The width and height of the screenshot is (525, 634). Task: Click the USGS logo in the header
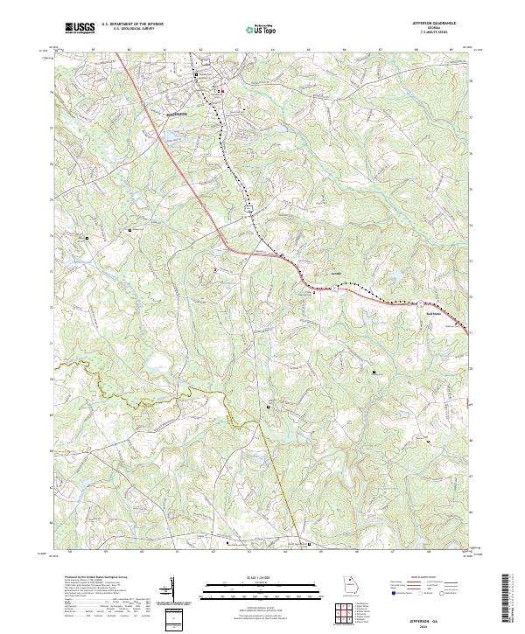(x=80, y=28)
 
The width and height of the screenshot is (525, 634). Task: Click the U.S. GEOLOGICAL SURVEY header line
(x=125, y=30)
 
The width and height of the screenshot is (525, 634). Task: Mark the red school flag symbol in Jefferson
(x=222, y=90)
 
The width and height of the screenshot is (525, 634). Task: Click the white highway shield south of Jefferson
(x=248, y=208)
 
